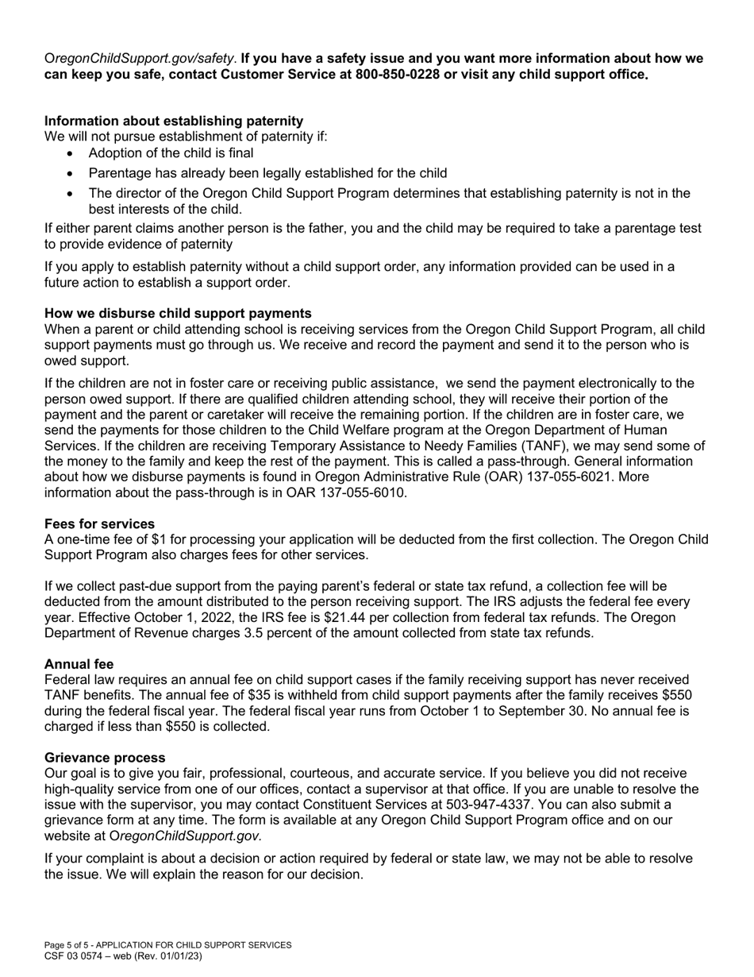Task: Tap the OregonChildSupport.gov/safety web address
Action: click(x=140, y=58)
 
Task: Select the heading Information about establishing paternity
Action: click(x=174, y=121)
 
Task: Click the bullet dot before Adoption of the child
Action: click(x=71, y=153)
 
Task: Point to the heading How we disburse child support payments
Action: click(x=178, y=313)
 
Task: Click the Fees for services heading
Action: click(x=99, y=523)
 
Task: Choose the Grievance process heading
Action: click(x=105, y=757)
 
